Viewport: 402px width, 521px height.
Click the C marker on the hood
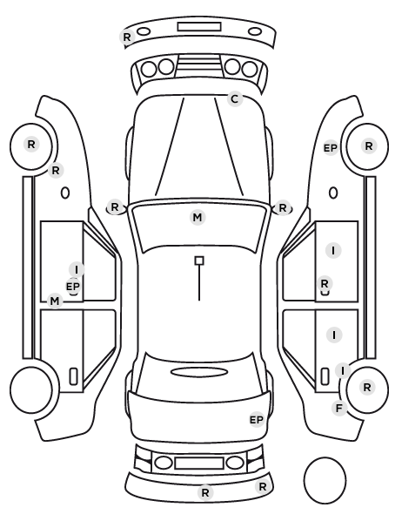point(235,99)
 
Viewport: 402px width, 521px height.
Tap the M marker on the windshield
point(198,217)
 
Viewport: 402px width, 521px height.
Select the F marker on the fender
point(339,408)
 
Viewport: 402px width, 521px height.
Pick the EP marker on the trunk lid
point(257,420)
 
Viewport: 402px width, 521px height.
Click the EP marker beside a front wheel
point(331,148)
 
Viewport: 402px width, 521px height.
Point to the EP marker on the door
point(73,286)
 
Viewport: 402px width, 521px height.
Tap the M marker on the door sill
point(55,301)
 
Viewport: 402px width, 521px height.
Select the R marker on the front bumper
point(127,37)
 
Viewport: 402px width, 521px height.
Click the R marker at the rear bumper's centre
point(205,492)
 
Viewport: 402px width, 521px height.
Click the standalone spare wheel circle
point(325,480)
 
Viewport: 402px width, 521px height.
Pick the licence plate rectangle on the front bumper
point(199,27)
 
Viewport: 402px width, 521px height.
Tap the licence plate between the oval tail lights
point(199,463)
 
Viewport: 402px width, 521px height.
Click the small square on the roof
point(199,260)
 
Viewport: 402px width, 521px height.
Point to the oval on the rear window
point(199,372)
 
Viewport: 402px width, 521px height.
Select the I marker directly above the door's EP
point(77,269)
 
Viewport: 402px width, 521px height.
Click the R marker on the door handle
point(325,284)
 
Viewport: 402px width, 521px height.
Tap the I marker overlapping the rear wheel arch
point(343,370)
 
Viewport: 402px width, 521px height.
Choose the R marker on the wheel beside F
point(367,387)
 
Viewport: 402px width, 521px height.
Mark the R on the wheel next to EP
point(369,145)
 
